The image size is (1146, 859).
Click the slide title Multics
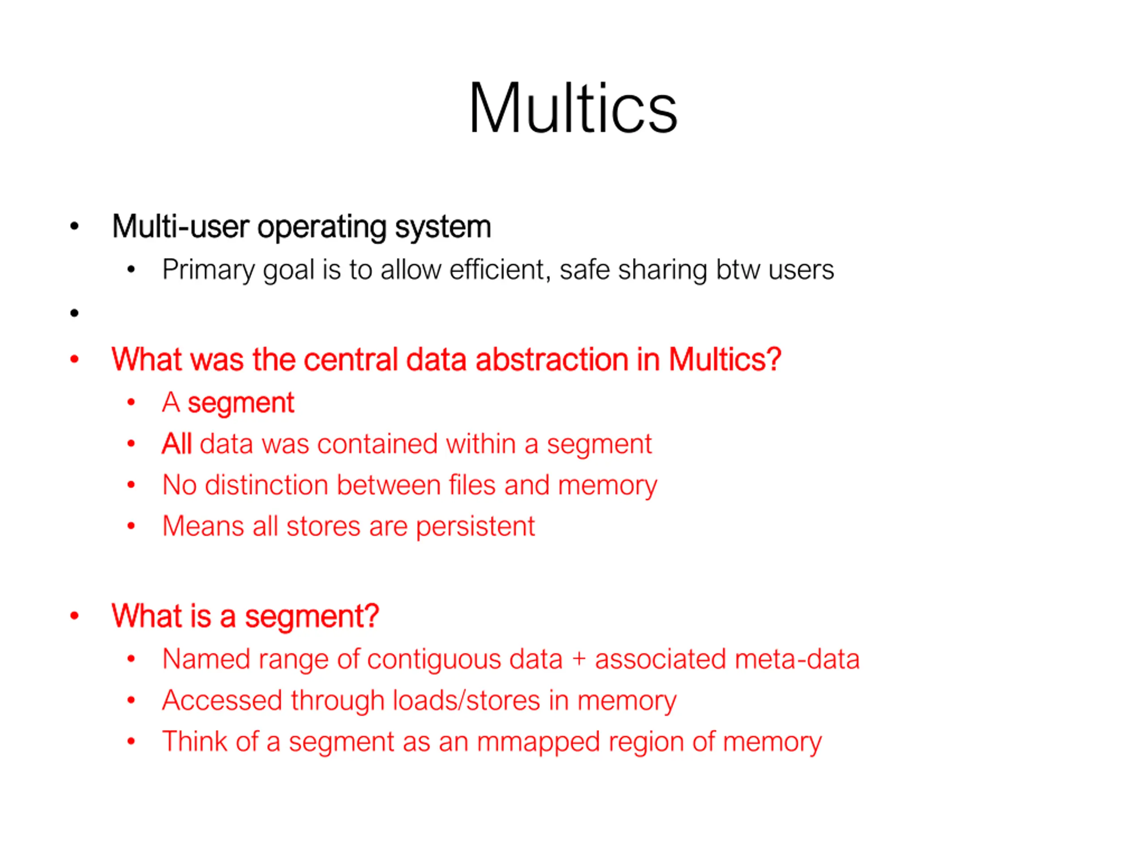[573, 109]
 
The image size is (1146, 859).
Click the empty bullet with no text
[75, 313]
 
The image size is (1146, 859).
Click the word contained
[378, 444]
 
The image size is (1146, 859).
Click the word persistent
[475, 527]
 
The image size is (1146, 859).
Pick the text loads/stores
[466, 701]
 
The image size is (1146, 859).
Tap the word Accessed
[223, 701]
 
